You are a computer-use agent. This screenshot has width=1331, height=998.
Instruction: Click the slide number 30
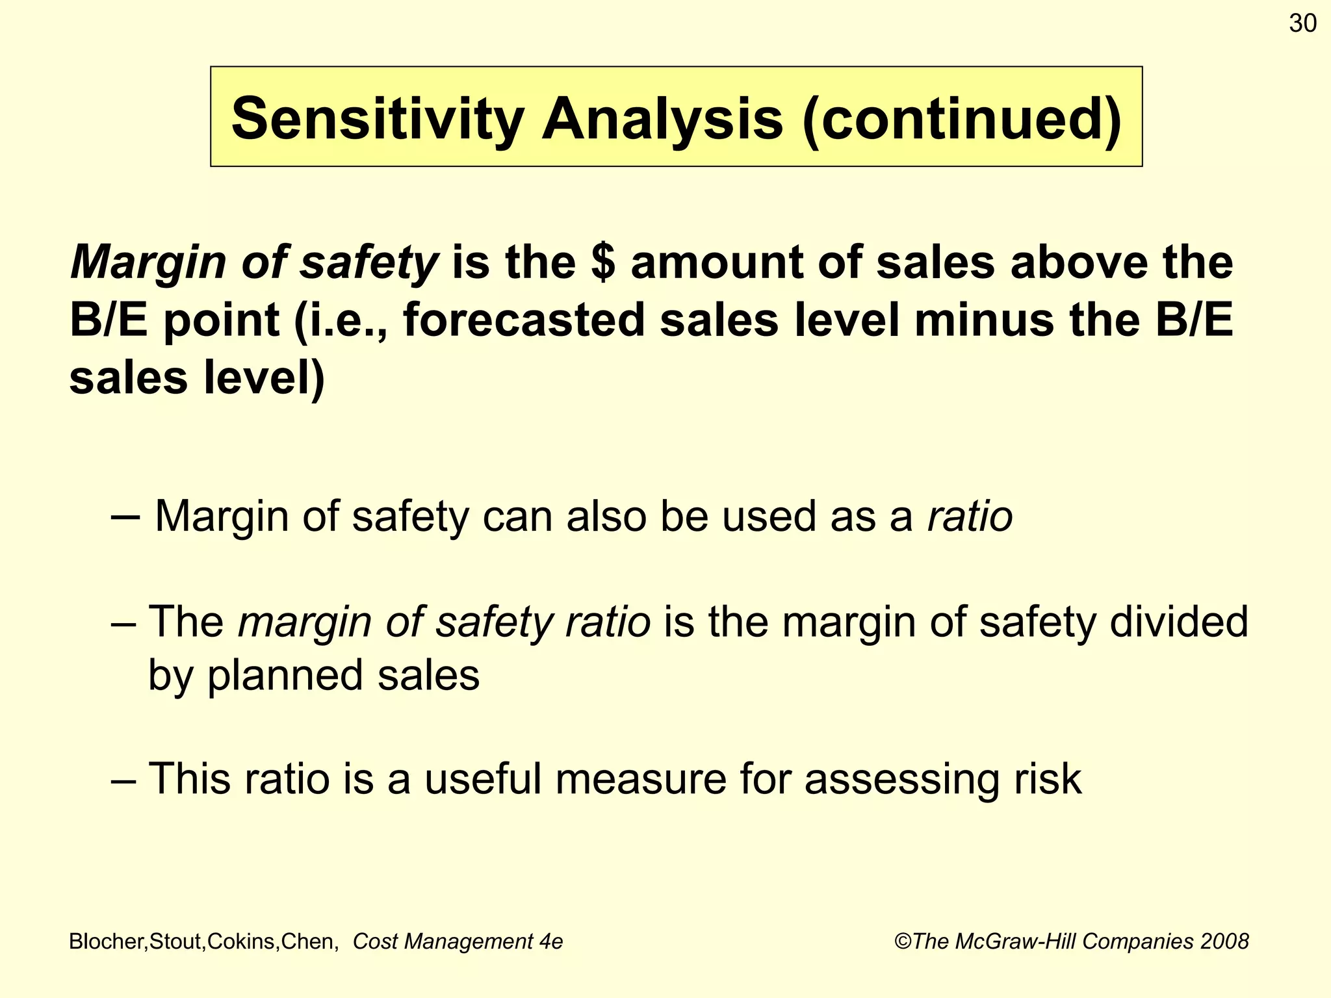[1302, 24]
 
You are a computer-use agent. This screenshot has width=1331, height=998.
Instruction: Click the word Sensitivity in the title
[377, 119]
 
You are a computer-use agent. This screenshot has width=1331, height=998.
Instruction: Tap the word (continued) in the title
[963, 119]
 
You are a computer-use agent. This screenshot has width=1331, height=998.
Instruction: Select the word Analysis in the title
[662, 119]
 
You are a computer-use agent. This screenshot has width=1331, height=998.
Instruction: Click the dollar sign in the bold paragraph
[604, 262]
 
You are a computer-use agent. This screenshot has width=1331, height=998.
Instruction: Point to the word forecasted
[524, 320]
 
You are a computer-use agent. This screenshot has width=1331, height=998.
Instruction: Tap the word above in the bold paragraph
[1077, 262]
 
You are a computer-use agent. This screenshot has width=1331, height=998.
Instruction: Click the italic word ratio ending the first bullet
[970, 517]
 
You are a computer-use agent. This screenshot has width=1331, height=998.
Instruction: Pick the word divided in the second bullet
[1179, 622]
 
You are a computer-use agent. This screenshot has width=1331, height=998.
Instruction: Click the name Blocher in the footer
[108, 941]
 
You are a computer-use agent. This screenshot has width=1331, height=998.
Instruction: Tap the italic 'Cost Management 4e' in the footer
[458, 941]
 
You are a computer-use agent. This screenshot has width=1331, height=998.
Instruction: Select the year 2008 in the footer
[1224, 941]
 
